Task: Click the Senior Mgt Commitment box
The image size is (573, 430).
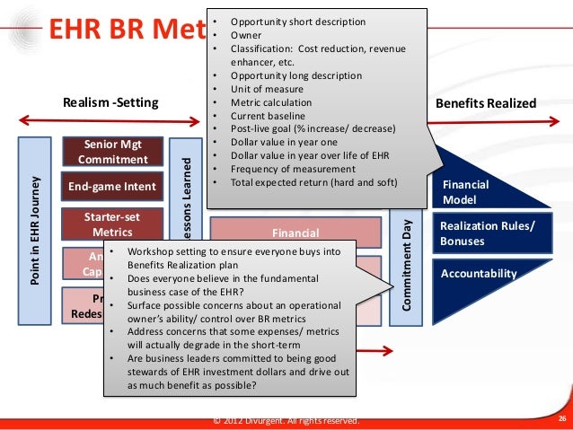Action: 112,153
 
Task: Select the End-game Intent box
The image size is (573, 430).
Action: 112,187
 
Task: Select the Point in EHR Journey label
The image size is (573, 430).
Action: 34,230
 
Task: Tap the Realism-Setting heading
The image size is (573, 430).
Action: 110,103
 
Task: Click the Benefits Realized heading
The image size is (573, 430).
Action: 485,103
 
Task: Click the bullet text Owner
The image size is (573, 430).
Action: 245,34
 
